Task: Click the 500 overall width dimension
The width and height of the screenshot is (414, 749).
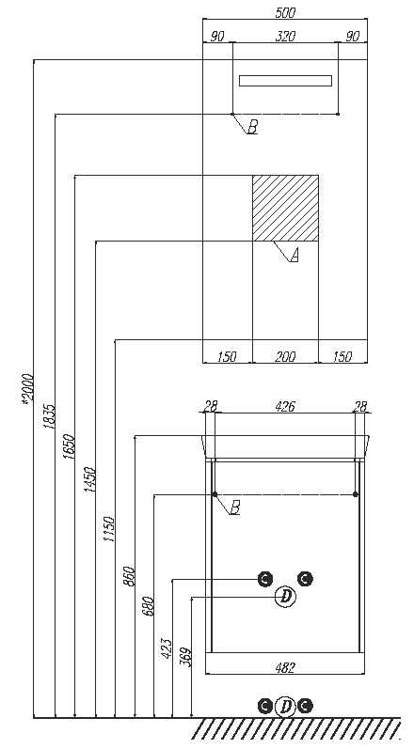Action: [x=285, y=13]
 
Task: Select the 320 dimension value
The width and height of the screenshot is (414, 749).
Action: [x=285, y=37]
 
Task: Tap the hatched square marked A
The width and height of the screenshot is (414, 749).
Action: [x=285, y=209]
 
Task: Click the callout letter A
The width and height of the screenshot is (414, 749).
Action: [x=295, y=256]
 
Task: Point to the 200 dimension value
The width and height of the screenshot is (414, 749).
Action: [x=285, y=356]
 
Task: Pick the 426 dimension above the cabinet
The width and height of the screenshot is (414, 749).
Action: [x=285, y=407]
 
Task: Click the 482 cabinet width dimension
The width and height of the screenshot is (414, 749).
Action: [x=285, y=668]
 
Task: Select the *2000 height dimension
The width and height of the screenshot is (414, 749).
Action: [x=28, y=389]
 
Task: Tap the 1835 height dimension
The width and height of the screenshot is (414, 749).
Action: [x=50, y=416]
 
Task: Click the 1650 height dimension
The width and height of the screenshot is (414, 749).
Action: [x=70, y=446]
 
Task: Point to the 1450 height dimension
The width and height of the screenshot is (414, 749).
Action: [x=90, y=480]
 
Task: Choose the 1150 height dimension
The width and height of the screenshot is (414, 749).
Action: [x=109, y=529]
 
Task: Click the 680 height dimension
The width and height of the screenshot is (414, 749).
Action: [x=149, y=606]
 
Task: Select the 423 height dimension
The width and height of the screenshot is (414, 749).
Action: [x=167, y=648]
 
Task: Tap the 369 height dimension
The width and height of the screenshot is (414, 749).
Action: [x=186, y=657]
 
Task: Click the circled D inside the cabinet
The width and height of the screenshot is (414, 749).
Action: [x=286, y=596]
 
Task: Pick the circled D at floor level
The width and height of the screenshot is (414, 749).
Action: [x=286, y=706]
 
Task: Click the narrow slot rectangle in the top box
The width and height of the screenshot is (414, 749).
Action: [x=285, y=81]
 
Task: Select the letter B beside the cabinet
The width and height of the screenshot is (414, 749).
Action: [x=234, y=507]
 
